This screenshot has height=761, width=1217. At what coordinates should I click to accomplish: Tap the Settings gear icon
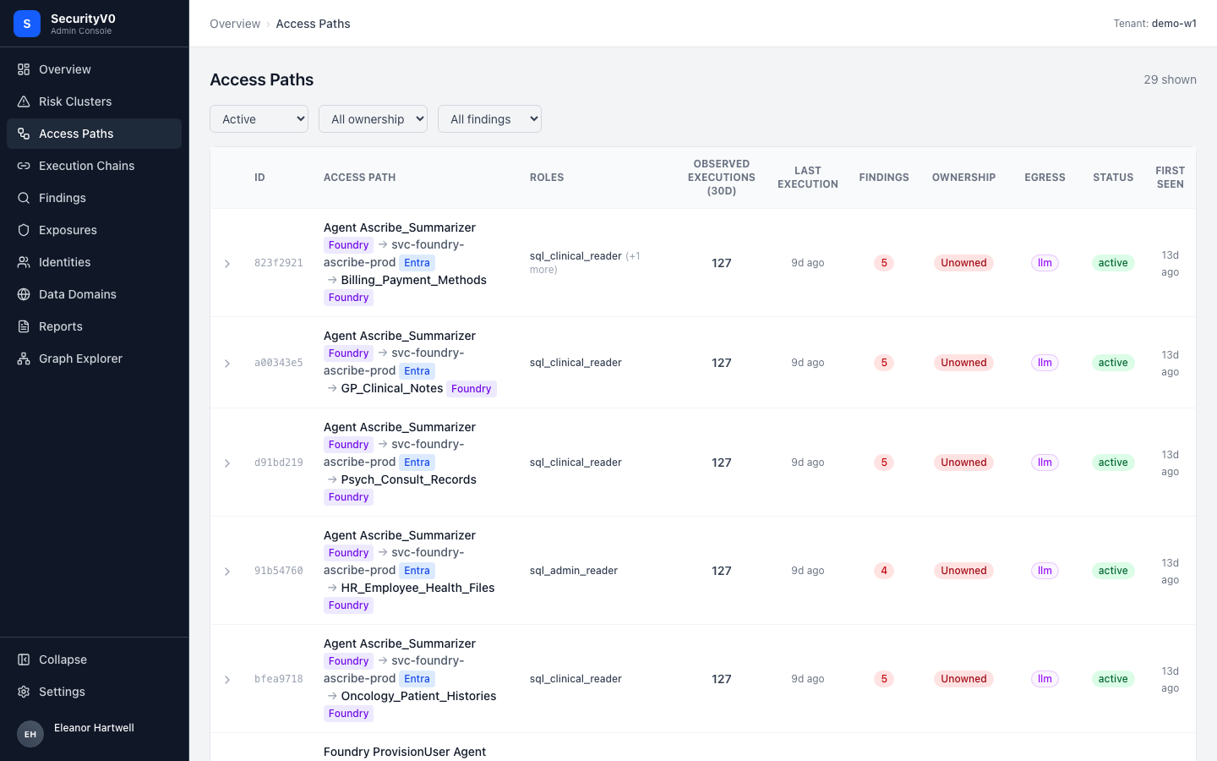pyautogui.click(x=24, y=692)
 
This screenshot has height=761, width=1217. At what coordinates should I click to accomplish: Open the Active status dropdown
pyautogui.click(x=259, y=119)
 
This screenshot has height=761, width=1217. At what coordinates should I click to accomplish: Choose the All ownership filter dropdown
pyautogui.click(x=374, y=119)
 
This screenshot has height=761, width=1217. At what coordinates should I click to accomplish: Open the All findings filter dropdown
pyautogui.click(x=489, y=119)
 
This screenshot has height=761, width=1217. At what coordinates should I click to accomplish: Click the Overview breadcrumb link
pyautogui.click(x=235, y=24)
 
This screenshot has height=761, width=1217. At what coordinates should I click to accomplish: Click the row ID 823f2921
pyautogui.click(x=279, y=263)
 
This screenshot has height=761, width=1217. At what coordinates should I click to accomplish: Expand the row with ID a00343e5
pyautogui.click(x=227, y=363)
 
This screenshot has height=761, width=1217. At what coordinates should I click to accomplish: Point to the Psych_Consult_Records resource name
pyautogui.click(x=408, y=479)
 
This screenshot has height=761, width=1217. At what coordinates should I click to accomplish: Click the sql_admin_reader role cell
pyautogui.click(x=574, y=571)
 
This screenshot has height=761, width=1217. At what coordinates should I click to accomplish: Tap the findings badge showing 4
pyautogui.click(x=884, y=571)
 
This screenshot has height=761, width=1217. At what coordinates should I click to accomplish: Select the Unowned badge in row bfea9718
pyautogui.click(x=963, y=679)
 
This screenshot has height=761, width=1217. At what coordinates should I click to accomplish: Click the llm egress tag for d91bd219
pyautogui.click(x=1045, y=463)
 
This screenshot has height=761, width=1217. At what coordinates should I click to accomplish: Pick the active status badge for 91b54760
pyautogui.click(x=1113, y=571)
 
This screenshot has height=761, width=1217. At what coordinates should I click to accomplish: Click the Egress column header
pyautogui.click(x=1045, y=178)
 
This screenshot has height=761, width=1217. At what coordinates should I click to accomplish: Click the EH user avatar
pyautogui.click(x=30, y=734)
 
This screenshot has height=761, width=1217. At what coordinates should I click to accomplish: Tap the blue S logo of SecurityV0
pyautogui.click(x=27, y=24)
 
